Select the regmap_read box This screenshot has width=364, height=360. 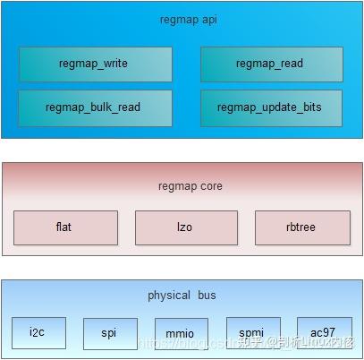[270, 64]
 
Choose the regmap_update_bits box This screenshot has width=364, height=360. [270, 107]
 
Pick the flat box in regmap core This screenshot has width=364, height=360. [65, 227]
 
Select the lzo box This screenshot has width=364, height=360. [186, 227]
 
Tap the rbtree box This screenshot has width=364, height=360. [301, 227]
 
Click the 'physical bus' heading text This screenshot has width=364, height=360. [182, 295]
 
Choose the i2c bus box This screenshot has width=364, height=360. [38, 332]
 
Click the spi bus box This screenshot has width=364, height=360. [110, 333]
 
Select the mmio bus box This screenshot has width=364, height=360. [181, 334]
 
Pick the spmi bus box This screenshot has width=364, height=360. [252, 332]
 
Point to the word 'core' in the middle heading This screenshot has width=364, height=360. [211, 186]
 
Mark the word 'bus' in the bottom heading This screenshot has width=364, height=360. [207, 295]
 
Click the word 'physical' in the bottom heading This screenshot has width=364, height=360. [169, 295]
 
